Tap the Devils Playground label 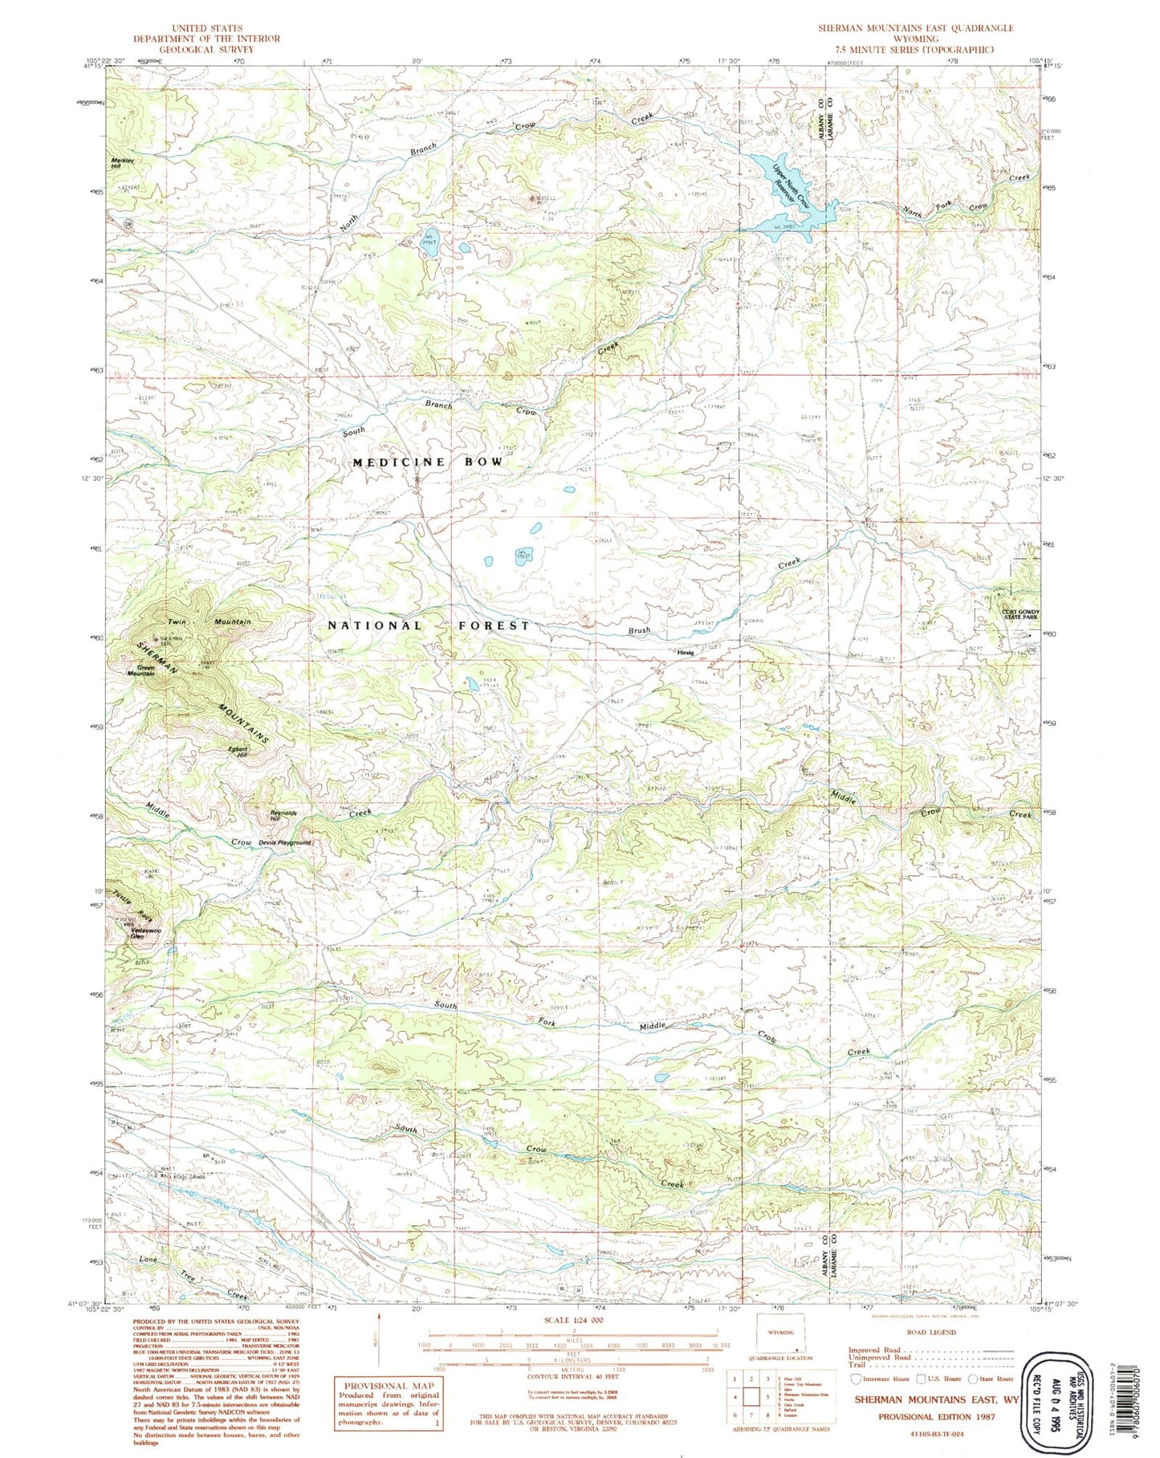pos(284,842)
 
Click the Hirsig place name pos(685,652)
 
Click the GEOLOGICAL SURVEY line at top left pos(206,49)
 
